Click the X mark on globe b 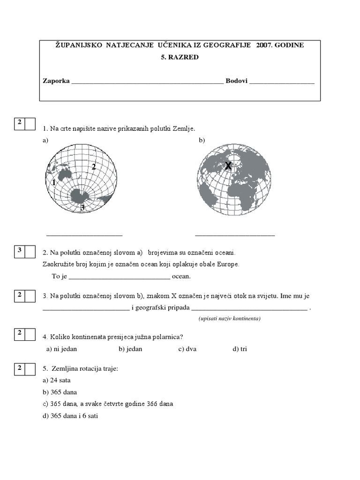pos(228,166)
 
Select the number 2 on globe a pos(94,166)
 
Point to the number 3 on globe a pos(82,207)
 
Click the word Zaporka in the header pos(56,81)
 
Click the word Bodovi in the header pos(236,81)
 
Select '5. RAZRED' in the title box pos(180,57)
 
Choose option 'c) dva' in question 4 pos(187,349)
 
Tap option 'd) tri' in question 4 pos(240,349)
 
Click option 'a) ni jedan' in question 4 pos(61,349)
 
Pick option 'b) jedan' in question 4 pos(130,349)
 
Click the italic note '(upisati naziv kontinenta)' pos(229,318)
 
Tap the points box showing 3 pos(20,251)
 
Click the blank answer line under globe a pos(84,234)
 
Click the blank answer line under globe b pos(235,234)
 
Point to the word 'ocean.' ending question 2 pos(181,276)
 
